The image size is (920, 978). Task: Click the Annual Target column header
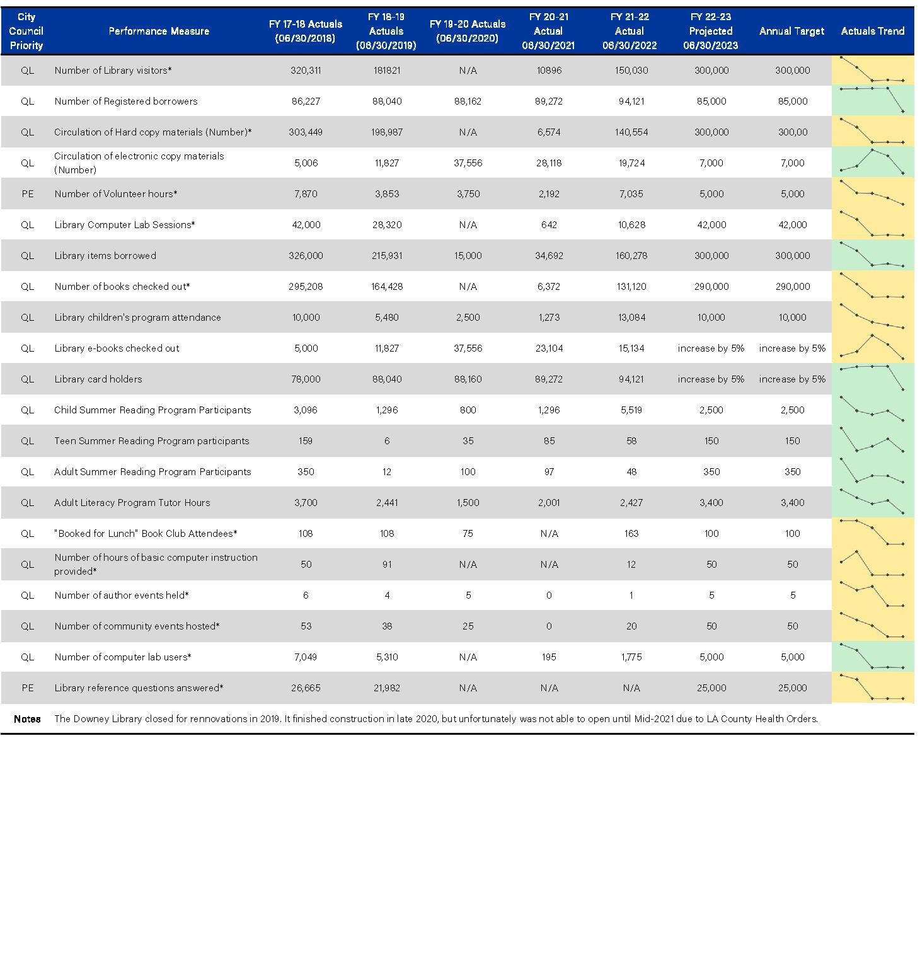pyautogui.click(x=791, y=31)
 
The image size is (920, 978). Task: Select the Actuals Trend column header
pyautogui.click(x=872, y=31)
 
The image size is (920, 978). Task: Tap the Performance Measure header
pyautogui.click(x=159, y=31)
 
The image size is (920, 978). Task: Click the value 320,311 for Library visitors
pyautogui.click(x=306, y=71)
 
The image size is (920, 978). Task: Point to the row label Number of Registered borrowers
pyautogui.click(x=126, y=101)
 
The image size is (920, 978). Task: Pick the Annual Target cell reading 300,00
pyautogui.click(x=792, y=132)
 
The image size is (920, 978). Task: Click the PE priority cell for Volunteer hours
pyautogui.click(x=27, y=194)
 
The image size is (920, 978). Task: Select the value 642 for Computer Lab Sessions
pyautogui.click(x=549, y=225)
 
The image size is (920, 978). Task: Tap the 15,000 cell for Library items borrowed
pyautogui.click(x=468, y=256)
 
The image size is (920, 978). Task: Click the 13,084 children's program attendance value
pyautogui.click(x=631, y=318)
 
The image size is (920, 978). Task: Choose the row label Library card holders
pyautogui.click(x=98, y=379)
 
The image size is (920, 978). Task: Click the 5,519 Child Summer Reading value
pyautogui.click(x=631, y=410)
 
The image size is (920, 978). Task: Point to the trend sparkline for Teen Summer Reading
pyautogui.click(x=872, y=440)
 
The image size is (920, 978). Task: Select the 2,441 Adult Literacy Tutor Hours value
pyautogui.click(x=387, y=503)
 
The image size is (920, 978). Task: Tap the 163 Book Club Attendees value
pyautogui.click(x=631, y=534)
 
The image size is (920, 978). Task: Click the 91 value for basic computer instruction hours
pyautogui.click(x=387, y=565)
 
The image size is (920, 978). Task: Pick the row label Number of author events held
pyautogui.click(x=122, y=595)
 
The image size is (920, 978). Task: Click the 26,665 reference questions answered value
pyautogui.click(x=306, y=688)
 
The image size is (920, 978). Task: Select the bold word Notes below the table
pyautogui.click(x=27, y=719)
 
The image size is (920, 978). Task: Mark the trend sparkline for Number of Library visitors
pyautogui.click(x=872, y=71)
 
